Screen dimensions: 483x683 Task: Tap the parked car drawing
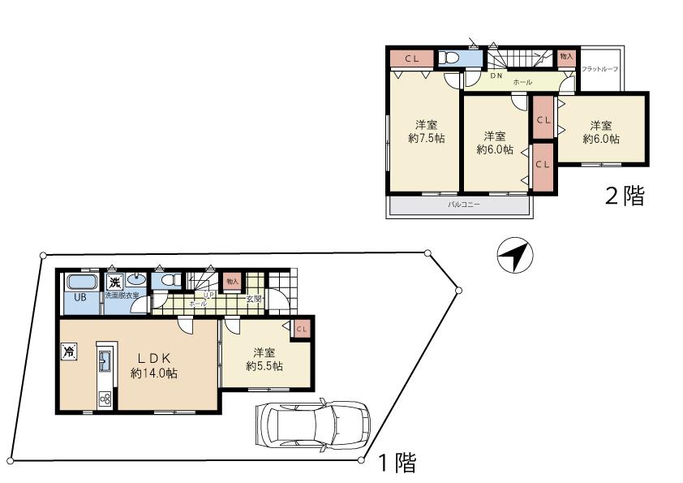[x=312, y=425]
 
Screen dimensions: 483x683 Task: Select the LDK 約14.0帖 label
[x=154, y=365]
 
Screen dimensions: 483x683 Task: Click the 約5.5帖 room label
[x=264, y=360]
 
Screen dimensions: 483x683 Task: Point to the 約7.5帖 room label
[x=426, y=132]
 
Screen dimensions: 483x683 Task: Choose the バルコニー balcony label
[x=464, y=205]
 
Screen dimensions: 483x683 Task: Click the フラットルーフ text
[x=600, y=69]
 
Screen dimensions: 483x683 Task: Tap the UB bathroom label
[x=79, y=297]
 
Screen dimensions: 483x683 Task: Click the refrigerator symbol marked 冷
[x=70, y=352]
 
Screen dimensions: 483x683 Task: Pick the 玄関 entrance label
[x=254, y=299]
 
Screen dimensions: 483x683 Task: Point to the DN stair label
[x=496, y=75]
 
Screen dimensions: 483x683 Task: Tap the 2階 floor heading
[x=625, y=196]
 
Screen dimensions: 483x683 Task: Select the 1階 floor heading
[x=397, y=464]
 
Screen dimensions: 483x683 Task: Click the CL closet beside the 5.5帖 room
[x=302, y=328]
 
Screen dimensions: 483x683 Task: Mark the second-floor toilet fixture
[x=449, y=58]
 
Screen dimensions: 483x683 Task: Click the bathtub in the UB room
[x=80, y=282]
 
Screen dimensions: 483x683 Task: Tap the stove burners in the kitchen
[x=105, y=398]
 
